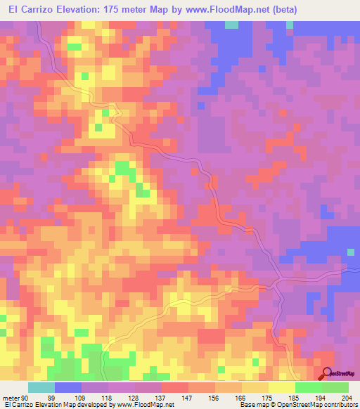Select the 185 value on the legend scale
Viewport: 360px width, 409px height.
295,398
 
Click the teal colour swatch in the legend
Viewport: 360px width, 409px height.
41,387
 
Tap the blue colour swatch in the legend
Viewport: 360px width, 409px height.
68,387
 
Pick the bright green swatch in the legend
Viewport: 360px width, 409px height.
309,387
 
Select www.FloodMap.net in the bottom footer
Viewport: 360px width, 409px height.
146,405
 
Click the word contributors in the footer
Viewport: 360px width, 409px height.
339,405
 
